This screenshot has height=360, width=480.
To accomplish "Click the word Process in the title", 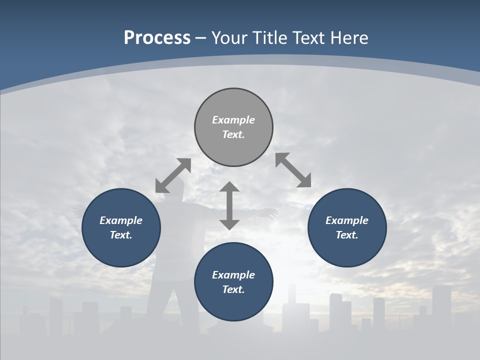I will [x=157, y=38].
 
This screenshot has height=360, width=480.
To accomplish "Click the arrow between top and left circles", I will [x=173, y=175].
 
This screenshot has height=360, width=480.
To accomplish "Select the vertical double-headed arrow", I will [x=229, y=205].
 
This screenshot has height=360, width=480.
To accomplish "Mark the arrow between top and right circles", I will [x=293, y=170].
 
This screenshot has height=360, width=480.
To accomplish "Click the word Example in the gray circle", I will [x=233, y=120].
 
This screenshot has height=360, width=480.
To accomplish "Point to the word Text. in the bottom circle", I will [x=233, y=289].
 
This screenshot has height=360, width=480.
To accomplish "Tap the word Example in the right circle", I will [x=347, y=220].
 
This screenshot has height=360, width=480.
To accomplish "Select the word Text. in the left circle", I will [x=121, y=235].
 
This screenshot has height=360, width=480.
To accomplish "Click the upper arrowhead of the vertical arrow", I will [x=229, y=187].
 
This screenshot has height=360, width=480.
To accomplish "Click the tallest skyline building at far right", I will [x=441, y=305].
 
